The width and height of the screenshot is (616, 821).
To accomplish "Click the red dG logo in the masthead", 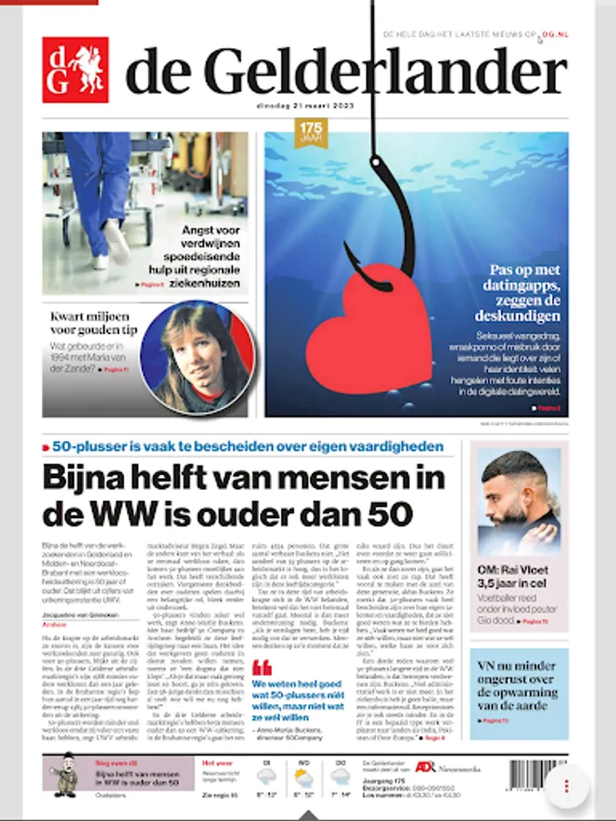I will [76, 69].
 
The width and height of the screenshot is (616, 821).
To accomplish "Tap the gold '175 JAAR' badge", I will [311, 133].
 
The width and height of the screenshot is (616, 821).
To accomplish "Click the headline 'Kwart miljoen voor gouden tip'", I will [90, 326].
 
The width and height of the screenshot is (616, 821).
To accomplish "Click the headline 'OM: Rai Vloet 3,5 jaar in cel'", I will [515, 578].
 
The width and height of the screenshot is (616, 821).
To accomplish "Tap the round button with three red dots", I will [567, 786].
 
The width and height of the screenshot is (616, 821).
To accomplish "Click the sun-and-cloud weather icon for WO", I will [303, 777].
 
